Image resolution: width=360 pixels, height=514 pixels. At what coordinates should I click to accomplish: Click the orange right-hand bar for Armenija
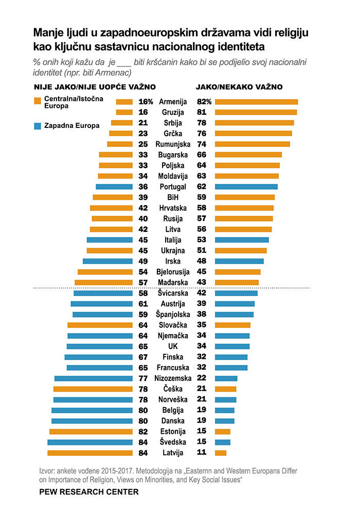[x=256, y=102]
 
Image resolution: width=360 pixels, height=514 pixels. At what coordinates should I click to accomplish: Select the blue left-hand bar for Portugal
[x=114, y=187]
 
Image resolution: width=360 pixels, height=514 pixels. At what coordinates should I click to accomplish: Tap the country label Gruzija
[x=172, y=112]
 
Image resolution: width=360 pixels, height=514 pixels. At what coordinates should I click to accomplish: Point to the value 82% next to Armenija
[x=205, y=101]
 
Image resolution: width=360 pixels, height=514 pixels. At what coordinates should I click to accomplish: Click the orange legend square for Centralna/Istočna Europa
[x=37, y=101]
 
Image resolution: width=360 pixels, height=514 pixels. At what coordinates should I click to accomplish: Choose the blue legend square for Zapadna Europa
[x=37, y=125]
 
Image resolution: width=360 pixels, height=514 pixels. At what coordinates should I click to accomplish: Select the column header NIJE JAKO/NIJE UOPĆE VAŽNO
[x=95, y=87]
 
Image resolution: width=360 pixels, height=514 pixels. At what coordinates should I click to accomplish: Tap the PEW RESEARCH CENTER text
[x=89, y=492]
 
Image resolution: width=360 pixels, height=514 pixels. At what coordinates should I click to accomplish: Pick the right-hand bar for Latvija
[x=221, y=453]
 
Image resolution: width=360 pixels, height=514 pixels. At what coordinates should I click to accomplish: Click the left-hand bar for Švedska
[x=90, y=442]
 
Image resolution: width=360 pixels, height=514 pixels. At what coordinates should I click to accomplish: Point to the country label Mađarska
[x=172, y=282]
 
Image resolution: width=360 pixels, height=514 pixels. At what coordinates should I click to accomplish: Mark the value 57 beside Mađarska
[x=143, y=282]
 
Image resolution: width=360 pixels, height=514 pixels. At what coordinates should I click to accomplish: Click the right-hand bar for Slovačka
[x=232, y=325]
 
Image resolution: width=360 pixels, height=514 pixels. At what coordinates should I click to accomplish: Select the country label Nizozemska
[x=172, y=378]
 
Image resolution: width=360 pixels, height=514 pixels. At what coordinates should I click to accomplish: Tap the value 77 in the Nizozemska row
[x=143, y=378]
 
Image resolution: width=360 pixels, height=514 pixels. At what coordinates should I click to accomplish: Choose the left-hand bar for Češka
[x=93, y=389]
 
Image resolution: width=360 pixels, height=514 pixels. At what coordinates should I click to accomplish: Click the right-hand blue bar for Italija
[x=242, y=240]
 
